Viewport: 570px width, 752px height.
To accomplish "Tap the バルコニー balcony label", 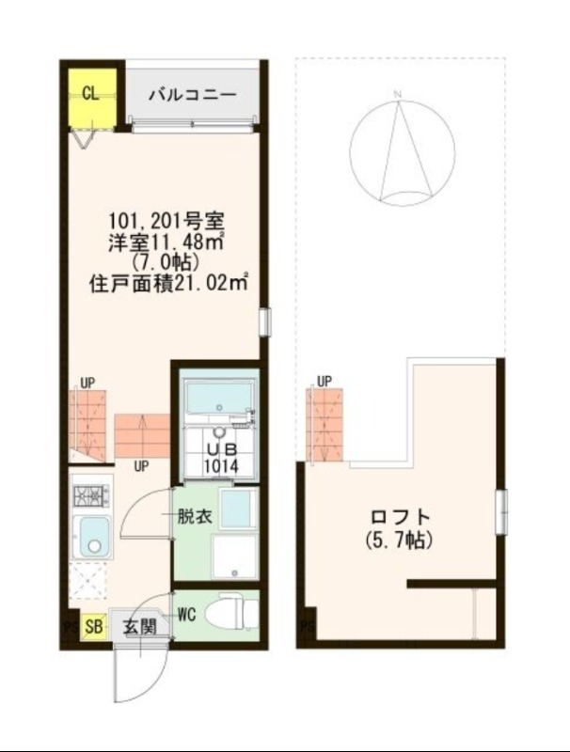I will point(192,95).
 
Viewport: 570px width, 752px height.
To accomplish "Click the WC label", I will point(186,615).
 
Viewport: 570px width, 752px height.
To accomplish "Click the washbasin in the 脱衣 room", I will point(235,509).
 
